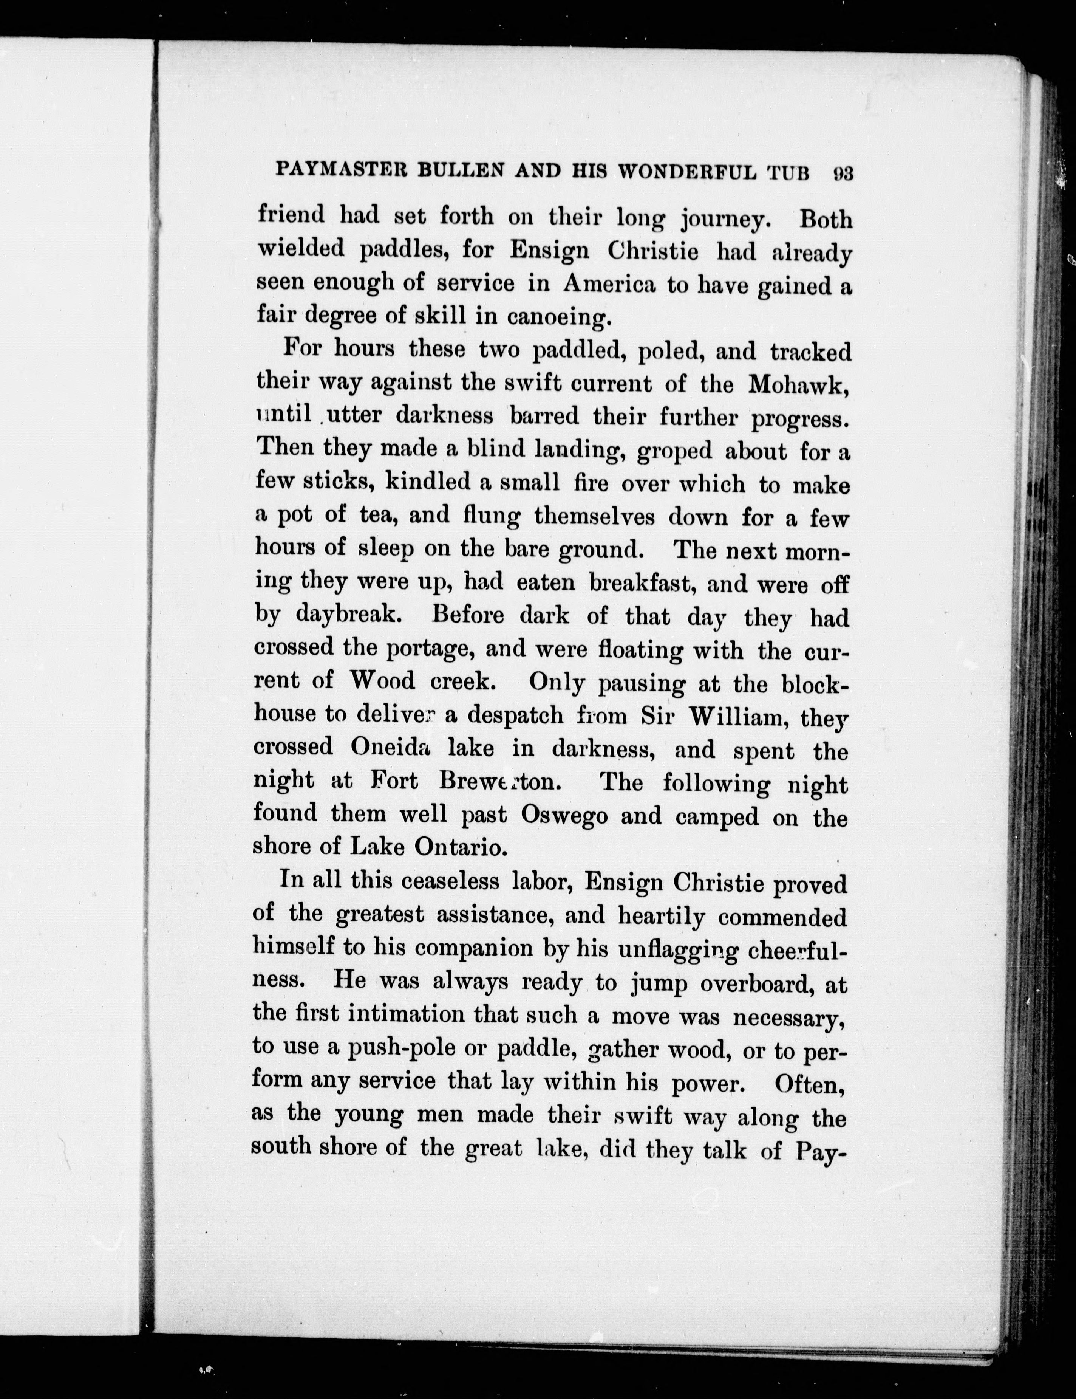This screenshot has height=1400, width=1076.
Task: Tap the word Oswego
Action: coord(564,815)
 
